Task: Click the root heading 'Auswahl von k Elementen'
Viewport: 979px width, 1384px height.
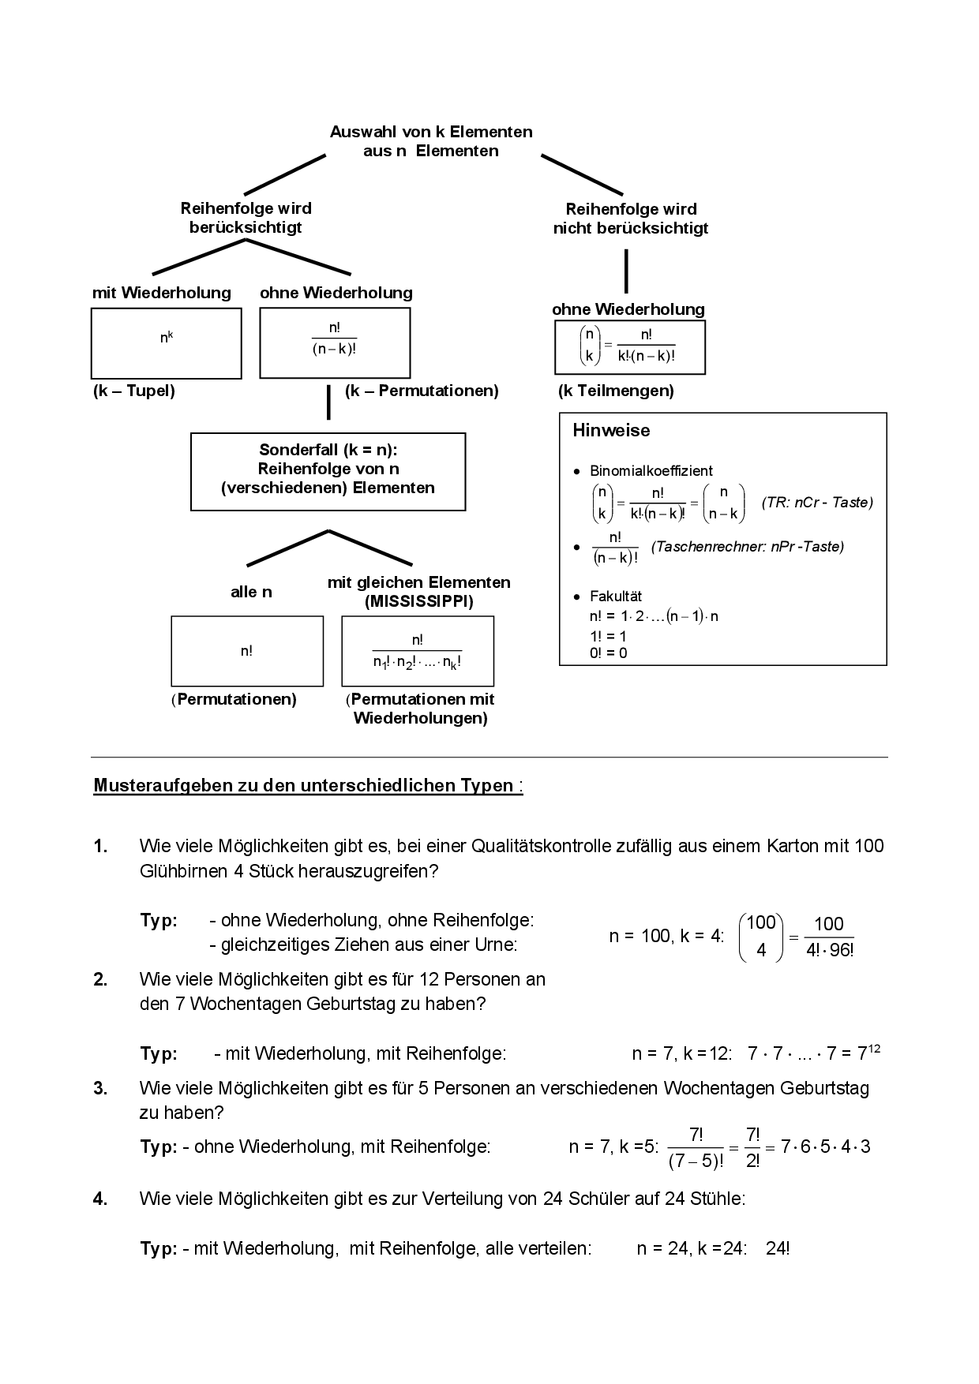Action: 431,132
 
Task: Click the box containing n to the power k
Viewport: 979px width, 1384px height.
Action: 167,343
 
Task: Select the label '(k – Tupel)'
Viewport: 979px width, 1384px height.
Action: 133,391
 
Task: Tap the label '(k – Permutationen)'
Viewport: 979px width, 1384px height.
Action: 422,391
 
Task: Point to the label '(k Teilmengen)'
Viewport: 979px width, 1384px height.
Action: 616,391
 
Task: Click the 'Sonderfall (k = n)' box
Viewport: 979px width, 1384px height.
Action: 328,471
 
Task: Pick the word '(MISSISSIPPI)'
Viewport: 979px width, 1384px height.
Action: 419,602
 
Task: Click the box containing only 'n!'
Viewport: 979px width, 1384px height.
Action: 247,651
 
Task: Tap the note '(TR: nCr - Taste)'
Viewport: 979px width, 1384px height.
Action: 817,503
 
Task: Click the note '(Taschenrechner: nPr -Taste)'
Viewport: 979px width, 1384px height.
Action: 747,547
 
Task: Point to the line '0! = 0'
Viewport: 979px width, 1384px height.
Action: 608,653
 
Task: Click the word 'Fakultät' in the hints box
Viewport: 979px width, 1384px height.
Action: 616,597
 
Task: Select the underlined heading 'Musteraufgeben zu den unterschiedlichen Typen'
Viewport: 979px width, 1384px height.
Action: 303,786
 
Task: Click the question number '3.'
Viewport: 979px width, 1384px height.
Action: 100,1088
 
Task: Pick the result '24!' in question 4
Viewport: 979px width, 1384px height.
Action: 778,1249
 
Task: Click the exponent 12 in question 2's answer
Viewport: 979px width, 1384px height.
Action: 874,1049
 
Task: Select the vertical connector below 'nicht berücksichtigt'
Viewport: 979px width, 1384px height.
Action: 626,271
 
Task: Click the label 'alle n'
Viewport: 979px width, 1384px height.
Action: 251,592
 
